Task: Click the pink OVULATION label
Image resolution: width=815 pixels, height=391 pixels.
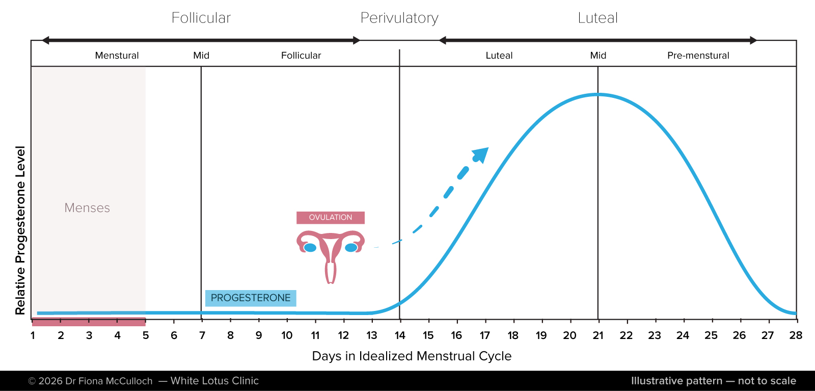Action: click(x=330, y=218)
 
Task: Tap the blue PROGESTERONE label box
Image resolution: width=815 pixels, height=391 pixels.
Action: click(x=251, y=298)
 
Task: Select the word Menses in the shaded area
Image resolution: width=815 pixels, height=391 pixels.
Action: click(x=87, y=208)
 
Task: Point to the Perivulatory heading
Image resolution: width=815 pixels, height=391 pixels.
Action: click(x=399, y=18)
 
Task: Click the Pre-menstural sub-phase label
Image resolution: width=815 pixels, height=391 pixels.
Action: click(x=698, y=56)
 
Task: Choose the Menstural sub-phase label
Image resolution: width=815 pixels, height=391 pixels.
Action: click(x=117, y=56)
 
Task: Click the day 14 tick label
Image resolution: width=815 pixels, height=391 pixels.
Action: click(x=400, y=335)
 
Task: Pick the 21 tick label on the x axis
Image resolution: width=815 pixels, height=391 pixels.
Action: click(x=598, y=335)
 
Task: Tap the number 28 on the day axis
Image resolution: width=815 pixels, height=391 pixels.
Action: click(x=796, y=335)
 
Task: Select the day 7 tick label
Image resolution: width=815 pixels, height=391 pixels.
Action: click(x=202, y=335)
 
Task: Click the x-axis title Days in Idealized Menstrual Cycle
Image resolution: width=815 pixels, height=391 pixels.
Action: click(x=412, y=356)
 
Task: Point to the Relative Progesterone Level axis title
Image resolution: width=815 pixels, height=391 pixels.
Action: click(x=20, y=230)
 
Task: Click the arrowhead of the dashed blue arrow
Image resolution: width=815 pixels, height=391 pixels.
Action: click(x=480, y=154)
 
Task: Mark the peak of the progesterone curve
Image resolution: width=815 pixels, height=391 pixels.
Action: click(x=598, y=94)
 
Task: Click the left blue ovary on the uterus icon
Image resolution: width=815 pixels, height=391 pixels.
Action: click(x=310, y=248)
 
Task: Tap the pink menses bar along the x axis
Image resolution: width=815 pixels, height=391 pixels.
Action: click(x=89, y=322)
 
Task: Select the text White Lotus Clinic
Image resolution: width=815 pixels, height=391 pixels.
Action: click(x=214, y=381)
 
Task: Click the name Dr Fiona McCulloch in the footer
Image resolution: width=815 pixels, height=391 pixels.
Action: click(x=109, y=381)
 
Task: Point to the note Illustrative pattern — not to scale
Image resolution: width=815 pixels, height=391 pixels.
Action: click(x=713, y=381)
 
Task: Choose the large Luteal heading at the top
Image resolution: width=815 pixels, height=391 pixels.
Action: click(x=597, y=18)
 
